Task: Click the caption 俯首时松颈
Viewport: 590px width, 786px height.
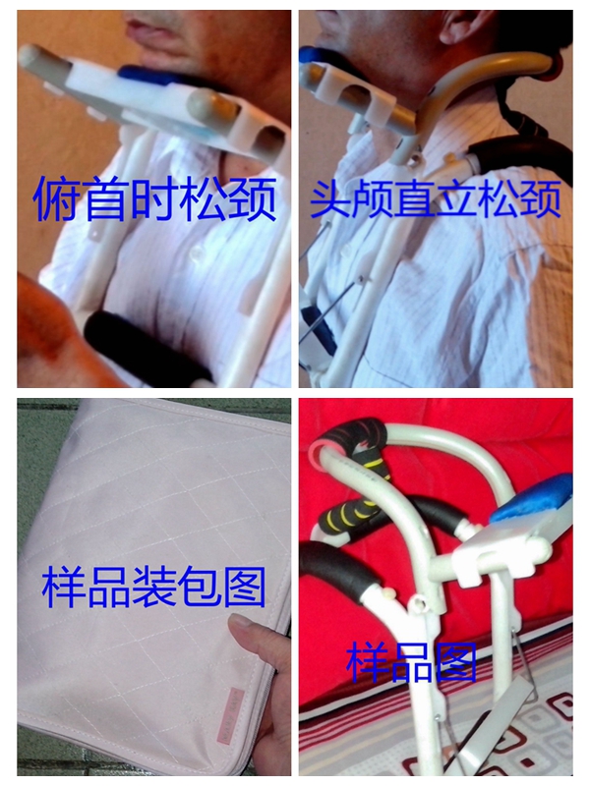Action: click(155, 198)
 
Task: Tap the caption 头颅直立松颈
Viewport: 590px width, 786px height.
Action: click(436, 199)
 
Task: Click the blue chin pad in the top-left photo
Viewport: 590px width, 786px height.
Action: click(150, 79)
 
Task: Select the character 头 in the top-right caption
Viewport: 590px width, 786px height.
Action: click(330, 199)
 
